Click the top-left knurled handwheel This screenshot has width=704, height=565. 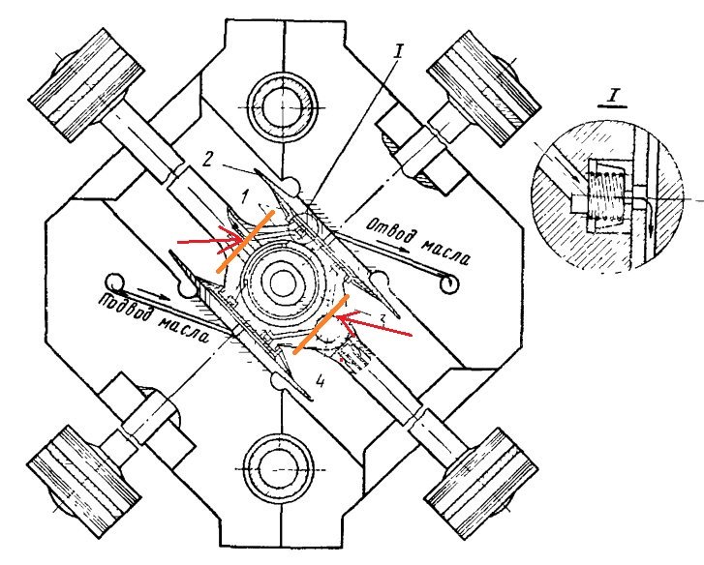point(86,85)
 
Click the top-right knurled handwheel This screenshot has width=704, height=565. point(484,88)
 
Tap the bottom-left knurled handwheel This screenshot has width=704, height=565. point(84,481)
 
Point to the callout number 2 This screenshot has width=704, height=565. point(207,160)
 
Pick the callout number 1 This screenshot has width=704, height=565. point(245,195)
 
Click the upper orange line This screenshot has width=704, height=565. point(245,241)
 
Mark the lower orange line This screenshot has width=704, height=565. point(321,324)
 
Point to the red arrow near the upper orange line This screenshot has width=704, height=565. point(212,241)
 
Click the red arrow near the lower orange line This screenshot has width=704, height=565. point(374,324)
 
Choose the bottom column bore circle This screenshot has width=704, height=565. point(279,468)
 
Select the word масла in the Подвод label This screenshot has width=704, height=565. point(184,330)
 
